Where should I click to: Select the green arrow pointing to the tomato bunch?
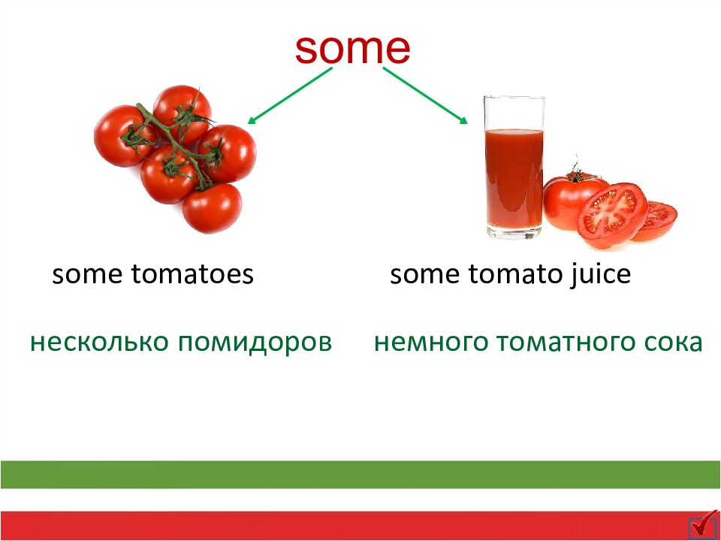[290, 95]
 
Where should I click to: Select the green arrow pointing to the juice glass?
[426, 95]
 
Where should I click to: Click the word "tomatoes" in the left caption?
[192, 275]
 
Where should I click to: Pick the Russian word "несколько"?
[98, 343]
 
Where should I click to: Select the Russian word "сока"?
[675, 343]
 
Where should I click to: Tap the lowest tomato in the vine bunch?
[212, 208]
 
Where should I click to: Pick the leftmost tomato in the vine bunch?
[120, 135]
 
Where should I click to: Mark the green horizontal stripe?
[360, 474]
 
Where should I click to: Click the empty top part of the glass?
[514, 113]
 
